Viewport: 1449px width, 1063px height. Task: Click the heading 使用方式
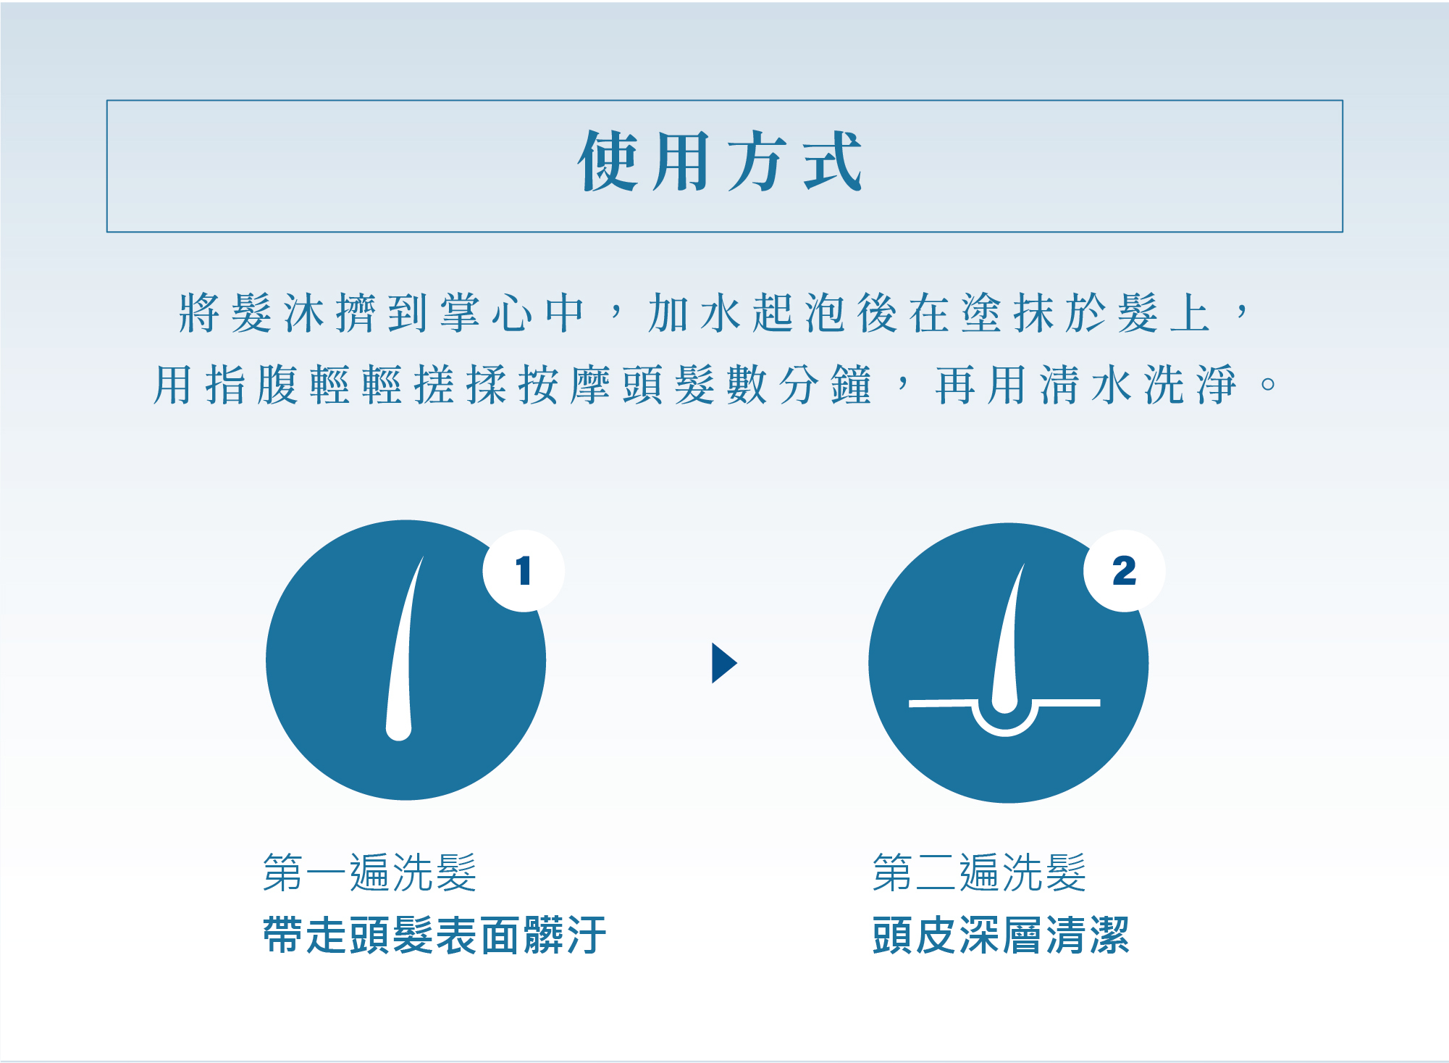pos(720,161)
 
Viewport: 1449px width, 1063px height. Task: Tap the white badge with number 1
pos(524,571)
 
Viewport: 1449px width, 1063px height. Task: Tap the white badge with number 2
pos(1124,571)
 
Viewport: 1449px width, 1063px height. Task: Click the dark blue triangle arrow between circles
pos(724,663)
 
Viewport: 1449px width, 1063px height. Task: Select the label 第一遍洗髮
pos(370,872)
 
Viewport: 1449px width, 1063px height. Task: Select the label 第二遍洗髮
pos(980,872)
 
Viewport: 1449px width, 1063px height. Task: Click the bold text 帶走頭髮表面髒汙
pos(434,935)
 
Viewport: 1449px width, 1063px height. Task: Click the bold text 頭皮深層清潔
pos(1001,935)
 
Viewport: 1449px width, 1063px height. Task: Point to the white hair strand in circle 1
pos(403,652)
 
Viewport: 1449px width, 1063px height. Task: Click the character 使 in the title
pos(608,161)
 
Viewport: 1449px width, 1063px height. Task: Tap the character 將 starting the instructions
pos(199,313)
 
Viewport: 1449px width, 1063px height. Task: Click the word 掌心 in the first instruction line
pos(486,313)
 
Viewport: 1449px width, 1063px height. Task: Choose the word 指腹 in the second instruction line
pos(251,384)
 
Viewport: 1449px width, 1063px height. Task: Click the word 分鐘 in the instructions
pos(825,384)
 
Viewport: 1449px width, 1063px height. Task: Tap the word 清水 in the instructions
pos(1085,384)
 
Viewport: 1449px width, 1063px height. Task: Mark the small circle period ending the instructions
pos(1268,384)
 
